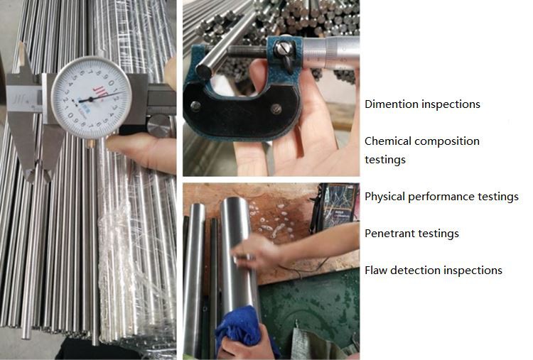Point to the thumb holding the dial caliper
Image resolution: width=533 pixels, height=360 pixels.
pos(139,148)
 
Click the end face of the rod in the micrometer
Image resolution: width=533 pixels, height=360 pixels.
pos(204,70)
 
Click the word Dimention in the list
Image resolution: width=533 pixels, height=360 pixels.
pos(390,104)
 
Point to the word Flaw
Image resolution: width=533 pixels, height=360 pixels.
pos(377,271)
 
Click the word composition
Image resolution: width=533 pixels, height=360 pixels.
pos(447,141)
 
